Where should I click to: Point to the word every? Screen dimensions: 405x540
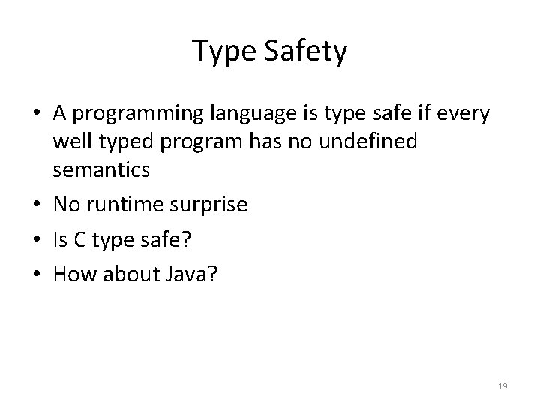pos(462,114)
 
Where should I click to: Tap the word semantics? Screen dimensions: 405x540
pos(101,170)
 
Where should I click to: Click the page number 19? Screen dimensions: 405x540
pos(502,386)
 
